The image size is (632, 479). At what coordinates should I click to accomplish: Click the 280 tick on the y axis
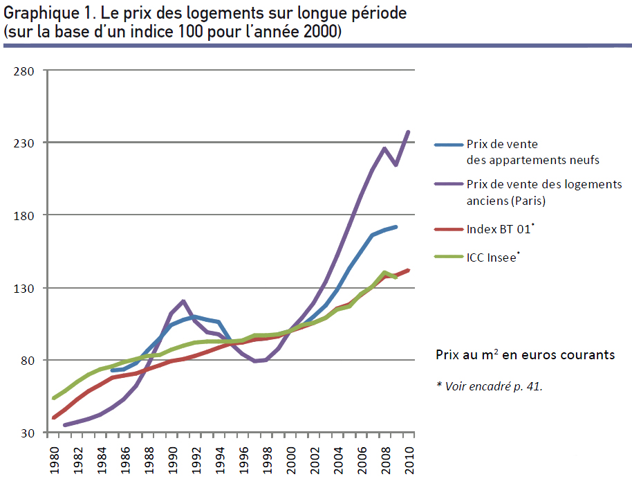point(24,71)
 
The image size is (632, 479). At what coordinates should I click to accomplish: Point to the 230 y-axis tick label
point(24,143)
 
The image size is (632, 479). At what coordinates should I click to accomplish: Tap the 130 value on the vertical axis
point(24,288)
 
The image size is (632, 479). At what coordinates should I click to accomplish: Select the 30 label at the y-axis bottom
point(27,433)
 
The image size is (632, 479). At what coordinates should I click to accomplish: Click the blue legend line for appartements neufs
point(448,145)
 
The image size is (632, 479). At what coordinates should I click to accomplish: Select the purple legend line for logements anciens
point(448,185)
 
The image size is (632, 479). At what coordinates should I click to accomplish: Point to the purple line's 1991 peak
point(183,301)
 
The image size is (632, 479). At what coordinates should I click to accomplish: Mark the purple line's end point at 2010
point(409,132)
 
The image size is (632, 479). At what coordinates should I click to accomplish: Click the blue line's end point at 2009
point(396,226)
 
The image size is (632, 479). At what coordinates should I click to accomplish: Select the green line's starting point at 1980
point(53,398)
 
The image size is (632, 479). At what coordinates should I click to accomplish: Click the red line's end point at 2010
point(409,270)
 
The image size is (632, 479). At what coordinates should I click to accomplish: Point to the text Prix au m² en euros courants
point(525,354)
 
